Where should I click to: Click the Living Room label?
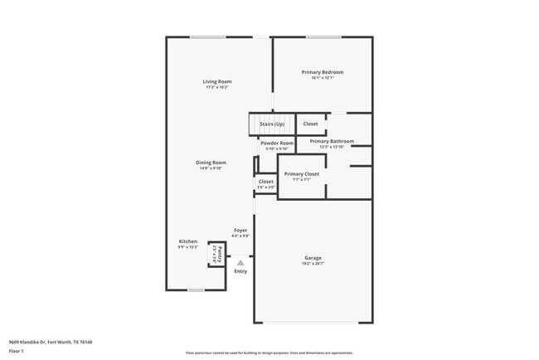217,81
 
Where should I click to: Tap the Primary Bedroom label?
322,72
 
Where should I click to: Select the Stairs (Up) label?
272,124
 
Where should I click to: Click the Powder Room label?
277,143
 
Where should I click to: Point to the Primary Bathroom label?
332,141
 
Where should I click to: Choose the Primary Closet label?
302,173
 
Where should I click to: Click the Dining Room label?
211,162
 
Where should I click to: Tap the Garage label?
313,257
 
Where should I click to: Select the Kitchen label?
188,241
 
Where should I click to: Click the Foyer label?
240,230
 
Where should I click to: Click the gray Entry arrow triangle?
240,263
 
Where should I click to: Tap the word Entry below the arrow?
240,271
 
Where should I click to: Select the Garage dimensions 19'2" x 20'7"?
313,263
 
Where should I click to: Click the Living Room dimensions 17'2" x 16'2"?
217,87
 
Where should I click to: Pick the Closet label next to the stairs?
310,124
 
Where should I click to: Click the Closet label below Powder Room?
265,181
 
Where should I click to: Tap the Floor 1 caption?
17,351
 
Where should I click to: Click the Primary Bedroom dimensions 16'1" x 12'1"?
322,78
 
